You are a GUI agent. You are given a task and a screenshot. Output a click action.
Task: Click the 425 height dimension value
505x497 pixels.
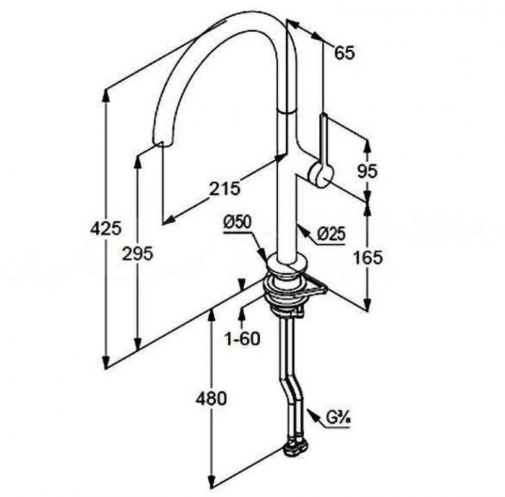(106, 228)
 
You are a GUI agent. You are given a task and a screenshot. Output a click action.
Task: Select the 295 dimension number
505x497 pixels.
(137, 253)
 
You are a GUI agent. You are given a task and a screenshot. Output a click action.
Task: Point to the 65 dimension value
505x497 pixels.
(343, 53)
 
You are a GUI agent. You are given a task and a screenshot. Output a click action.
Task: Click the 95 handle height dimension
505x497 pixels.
(367, 171)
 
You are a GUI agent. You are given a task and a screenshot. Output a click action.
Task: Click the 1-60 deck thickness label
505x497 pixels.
(242, 338)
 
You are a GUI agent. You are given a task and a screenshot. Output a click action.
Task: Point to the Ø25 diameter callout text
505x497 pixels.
(331, 234)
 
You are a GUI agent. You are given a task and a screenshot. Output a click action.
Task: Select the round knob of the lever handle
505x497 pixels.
(320, 174)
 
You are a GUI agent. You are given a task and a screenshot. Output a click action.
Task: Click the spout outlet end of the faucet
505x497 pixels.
(164, 143)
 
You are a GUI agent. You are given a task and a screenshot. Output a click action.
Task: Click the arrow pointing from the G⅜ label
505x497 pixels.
(313, 414)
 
